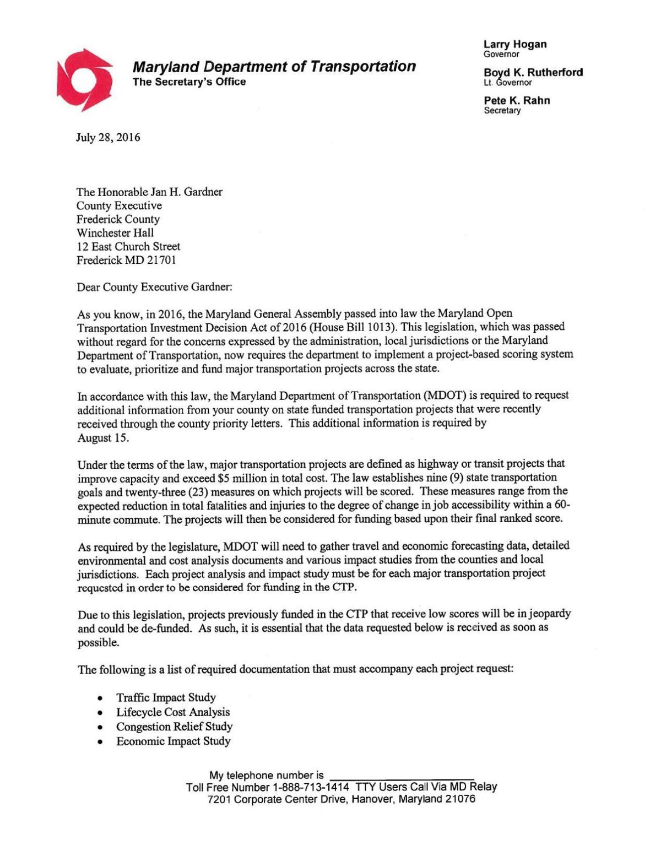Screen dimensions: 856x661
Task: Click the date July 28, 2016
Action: tap(108, 137)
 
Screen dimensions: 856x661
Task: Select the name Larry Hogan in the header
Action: tap(515, 44)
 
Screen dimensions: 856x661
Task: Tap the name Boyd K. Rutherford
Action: tap(533, 72)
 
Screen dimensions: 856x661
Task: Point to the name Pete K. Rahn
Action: tap(517, 100)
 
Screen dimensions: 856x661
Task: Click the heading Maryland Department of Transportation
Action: tap(274, 67)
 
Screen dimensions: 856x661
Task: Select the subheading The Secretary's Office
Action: tap(189, 82)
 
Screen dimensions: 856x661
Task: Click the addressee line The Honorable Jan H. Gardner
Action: tap(149, 192)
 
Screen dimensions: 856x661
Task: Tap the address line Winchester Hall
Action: tap(115, 233)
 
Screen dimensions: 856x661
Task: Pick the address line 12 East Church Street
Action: tap(128, 247)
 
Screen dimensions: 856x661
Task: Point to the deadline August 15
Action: tap(103, 438)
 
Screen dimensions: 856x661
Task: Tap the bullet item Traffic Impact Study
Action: tap(166, 697)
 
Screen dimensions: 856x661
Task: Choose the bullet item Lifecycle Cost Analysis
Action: tap(172, 712)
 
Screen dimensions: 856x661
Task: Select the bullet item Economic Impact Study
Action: tap(173, 741)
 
